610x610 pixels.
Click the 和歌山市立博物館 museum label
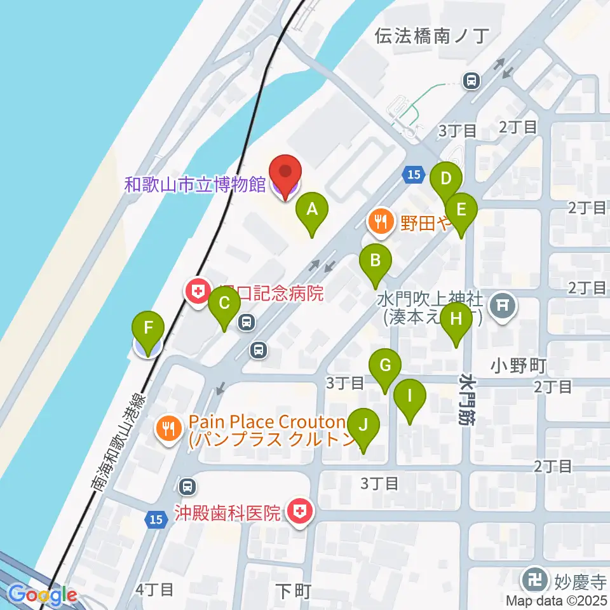195,185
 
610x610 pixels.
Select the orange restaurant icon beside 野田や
381,222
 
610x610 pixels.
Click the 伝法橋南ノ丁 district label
430,36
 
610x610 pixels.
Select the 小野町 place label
518,365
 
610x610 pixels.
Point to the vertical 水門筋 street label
467,400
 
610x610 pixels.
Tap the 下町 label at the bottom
294,592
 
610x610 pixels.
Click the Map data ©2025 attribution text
557,600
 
